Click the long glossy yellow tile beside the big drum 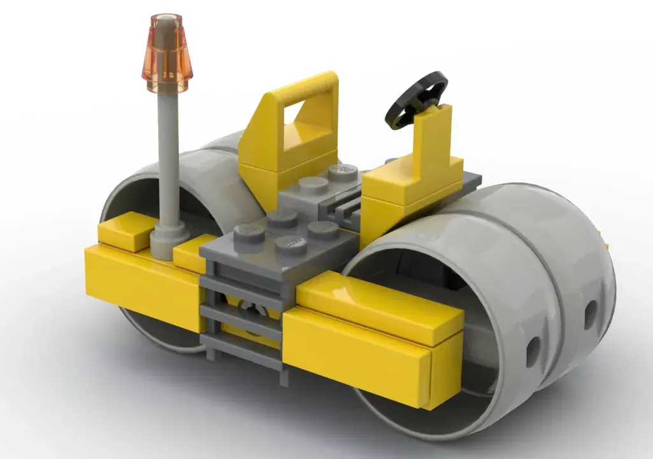tap(376, 306)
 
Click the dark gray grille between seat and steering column tap(344, 207)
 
